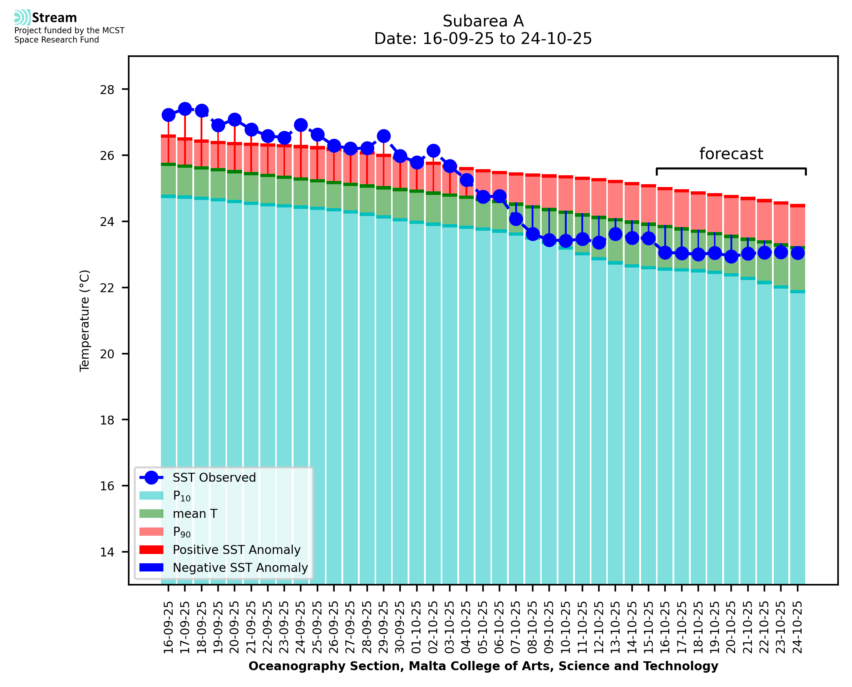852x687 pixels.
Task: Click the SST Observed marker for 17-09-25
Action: tap(185, 109)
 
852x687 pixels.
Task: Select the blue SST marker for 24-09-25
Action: tap(301, 125)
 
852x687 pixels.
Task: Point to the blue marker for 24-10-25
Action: tap(797, 253)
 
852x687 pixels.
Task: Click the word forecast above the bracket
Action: tap(731, 153)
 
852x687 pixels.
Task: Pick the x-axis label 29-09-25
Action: tap(383, 627)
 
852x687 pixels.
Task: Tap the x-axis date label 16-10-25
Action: tap(665, 627)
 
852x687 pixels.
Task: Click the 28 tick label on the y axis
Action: tap(107, 90)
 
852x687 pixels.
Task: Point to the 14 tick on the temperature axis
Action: tap(107, 552)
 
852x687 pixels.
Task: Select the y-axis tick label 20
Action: tap(107, 354)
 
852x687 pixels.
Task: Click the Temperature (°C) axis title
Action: tap(85, 320)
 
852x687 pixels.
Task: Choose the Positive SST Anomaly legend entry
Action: tap(237, 550)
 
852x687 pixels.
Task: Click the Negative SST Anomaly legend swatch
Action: tap(151, 568)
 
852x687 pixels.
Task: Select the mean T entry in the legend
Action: tap(195, 514)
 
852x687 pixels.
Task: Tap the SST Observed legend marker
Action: tap(151, 478)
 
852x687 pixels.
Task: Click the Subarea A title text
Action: tap(483, 21)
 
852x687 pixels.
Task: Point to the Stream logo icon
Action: tap(22, 18)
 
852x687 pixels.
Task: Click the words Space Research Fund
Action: tap(56, 40)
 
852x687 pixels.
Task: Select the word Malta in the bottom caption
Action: tap(423, 666)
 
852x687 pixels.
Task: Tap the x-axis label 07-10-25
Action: tap(516, 627)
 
